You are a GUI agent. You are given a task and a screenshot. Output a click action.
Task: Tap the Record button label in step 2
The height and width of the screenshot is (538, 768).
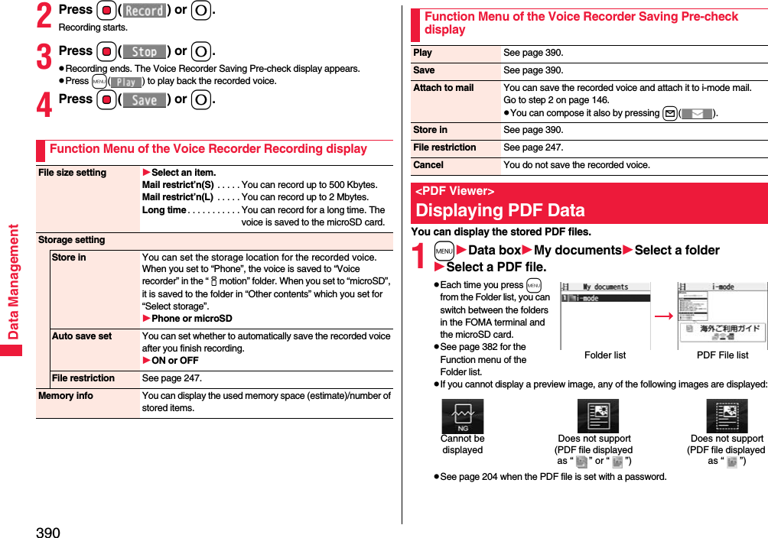(x=145, y=11)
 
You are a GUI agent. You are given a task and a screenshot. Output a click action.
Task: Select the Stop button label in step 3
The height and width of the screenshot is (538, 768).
(x=145, y=52)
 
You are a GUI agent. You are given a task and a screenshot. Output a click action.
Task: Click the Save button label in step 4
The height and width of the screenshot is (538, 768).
(x=145, y=100)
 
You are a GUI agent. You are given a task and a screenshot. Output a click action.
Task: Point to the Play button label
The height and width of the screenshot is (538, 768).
(x=126, y=82)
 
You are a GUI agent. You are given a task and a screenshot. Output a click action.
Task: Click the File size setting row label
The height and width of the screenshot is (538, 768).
(x=73, y=173)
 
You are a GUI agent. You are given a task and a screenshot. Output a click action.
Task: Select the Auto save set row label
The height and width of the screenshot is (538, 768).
(x=82, y=336)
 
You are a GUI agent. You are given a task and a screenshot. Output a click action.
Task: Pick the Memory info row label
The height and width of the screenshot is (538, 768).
(x=66, y=396)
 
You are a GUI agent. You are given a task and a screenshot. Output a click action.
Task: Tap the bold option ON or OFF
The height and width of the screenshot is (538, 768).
(x=174, y=361)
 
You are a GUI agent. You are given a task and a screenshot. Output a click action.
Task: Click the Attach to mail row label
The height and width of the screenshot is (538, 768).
(x=444, y=88)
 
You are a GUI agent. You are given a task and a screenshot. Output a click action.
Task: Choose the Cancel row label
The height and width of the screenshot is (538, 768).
(x=428, y=165)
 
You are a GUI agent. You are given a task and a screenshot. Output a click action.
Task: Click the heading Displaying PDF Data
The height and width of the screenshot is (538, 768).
(x=500, y=210)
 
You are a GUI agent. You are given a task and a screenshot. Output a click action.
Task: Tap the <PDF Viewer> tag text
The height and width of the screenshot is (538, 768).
(x=455, y=191)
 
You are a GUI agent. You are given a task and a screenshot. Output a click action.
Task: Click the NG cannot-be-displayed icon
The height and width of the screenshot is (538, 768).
(x=462, y=416)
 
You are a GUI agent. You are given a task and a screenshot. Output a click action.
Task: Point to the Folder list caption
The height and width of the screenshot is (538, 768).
(x=605, y=355)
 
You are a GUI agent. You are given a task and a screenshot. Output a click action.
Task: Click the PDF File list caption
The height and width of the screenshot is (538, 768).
(x=722, y=355)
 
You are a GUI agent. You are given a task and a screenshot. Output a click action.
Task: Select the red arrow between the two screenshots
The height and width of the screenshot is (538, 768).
(x=663, y=315)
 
